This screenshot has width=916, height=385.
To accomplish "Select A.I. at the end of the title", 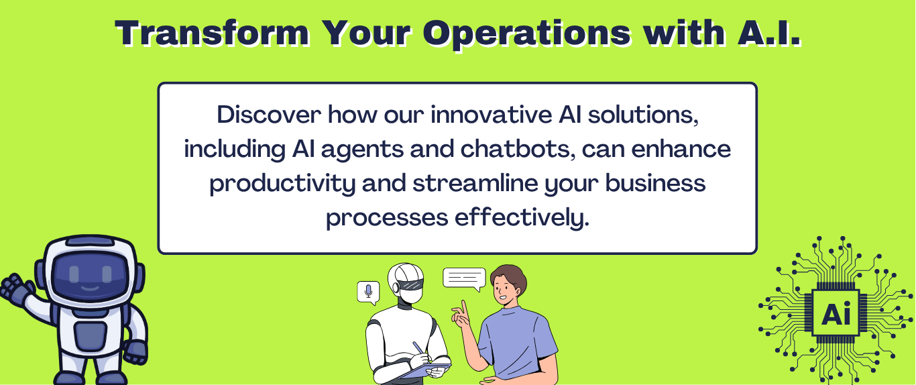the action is point(769,33).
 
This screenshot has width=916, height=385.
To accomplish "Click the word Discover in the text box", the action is point(269,115).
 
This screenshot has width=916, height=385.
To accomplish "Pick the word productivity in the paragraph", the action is point(282,184).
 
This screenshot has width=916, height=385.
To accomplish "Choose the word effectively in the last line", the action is point(522,217).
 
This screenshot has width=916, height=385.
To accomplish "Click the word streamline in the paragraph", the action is point(475,183).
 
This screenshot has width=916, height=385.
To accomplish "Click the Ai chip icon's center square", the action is point(836,313).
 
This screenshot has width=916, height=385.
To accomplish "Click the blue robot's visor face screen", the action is point(91,272).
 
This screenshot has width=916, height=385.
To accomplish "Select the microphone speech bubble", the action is point(368,292).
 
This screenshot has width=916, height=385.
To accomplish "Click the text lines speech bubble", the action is point(465,279).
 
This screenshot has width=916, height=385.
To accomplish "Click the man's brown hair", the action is point(511,278).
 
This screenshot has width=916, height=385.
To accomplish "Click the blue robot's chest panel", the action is point(91,336).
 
